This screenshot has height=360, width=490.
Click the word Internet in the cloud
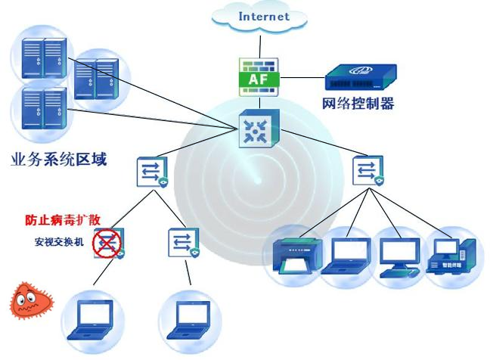(x=264, y=16)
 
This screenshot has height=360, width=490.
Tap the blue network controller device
(x=359, y=77)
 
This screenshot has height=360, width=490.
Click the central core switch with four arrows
(x=259, y=129)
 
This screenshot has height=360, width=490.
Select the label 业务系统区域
(x=59, y=160)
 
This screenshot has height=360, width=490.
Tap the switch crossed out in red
(x=107, y=244)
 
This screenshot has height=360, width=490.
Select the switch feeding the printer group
(x=368, y=170)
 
